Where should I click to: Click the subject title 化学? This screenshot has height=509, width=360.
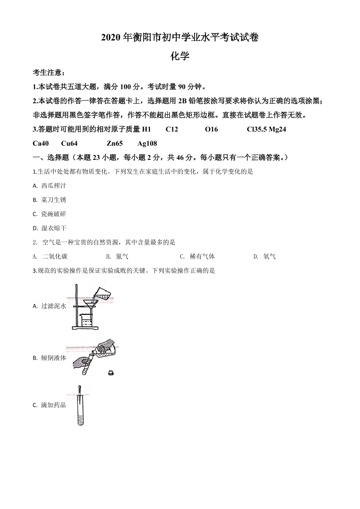pyautogui.click(x=180, y=56)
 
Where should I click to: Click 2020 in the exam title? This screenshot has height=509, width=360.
pyautogui.click(x=111, y=38)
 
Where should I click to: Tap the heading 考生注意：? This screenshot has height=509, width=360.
pyautogui.click(x=49, y=72)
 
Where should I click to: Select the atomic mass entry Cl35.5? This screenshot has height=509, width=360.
pyautogui.click(x=256, y=129)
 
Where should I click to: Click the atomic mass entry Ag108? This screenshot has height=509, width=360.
pyautogui.click(x=147, y=143)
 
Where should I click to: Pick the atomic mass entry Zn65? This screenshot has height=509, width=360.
pyautogui.click(x=114, y=143)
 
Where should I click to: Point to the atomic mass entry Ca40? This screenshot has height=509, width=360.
pyautogui.click(x=41, y=143)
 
